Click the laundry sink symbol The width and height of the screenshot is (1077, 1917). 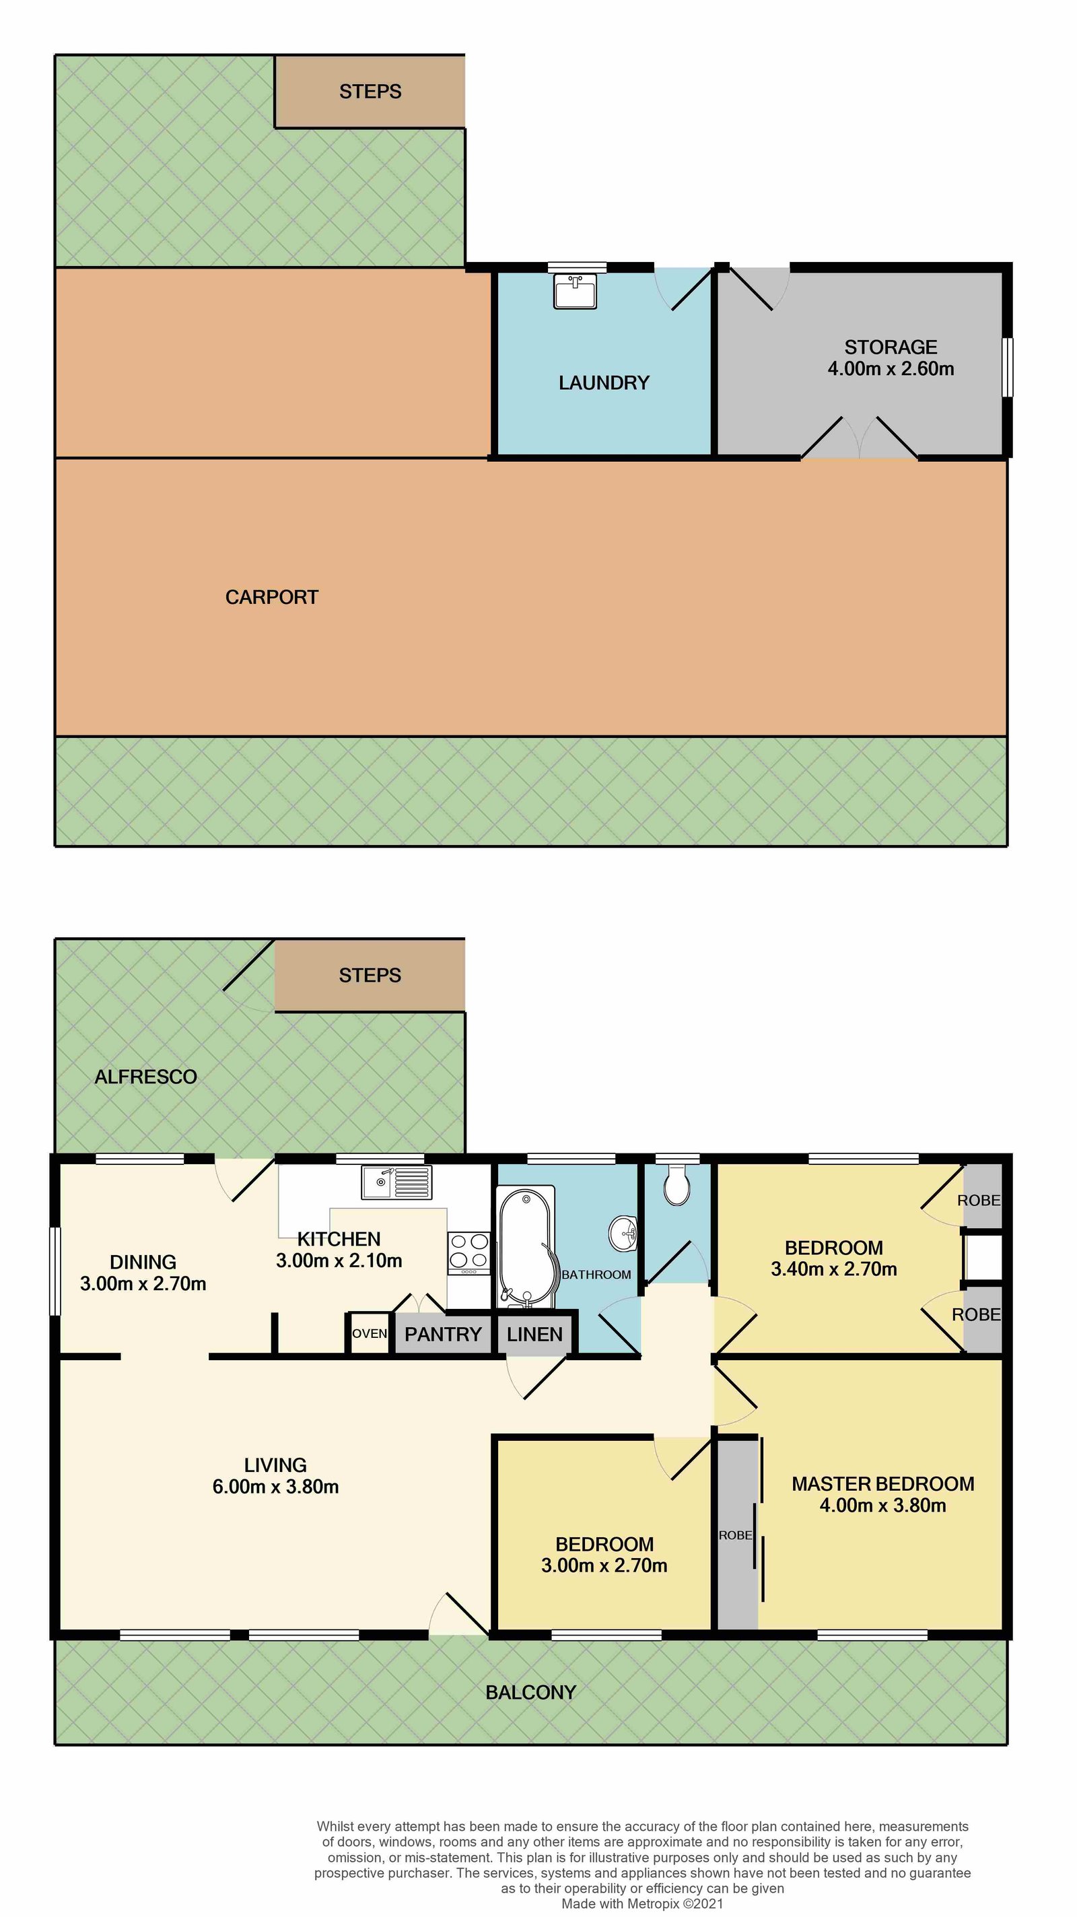(575, 291)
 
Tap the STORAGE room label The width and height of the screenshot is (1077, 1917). (891, 347)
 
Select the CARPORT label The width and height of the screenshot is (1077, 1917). (271, 597)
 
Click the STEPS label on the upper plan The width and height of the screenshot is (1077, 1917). (370, 92)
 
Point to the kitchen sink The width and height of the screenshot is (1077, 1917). (396, 1182)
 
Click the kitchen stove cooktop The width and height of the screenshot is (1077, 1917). (468, 1253)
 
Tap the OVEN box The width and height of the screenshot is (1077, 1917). (369, 1334)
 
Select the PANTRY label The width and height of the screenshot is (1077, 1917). (442, 1335)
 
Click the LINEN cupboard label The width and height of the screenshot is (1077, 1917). (534, 1335)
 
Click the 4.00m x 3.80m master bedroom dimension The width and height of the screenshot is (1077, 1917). (883, 1506)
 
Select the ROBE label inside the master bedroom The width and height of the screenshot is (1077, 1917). (735, 1535)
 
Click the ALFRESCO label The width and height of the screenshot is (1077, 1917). (146, 1077)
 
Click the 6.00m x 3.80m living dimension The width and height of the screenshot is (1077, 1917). (275, 1487)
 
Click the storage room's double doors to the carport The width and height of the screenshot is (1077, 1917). (859, 440)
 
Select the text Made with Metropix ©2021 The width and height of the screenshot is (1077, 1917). (642, 1904)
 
